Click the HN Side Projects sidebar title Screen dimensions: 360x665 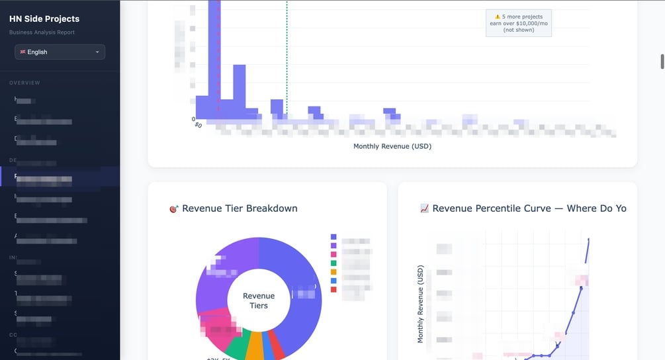(44, 19)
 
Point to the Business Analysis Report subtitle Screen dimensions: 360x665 (42, 32)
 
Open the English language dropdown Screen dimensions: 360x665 (60, 52)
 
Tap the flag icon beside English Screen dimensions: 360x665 (22, 52)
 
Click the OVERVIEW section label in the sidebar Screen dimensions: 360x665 (24, 83)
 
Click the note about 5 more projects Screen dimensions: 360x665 (519, 23)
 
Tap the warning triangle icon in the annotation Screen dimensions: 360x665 (498, 17)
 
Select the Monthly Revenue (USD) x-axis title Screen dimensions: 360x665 (392, 146)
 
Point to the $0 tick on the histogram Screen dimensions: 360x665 (198, 124)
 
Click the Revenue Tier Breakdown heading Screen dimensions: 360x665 (240, 208)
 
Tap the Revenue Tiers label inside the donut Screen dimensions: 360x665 (259, 300)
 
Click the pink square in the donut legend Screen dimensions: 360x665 (333, 254)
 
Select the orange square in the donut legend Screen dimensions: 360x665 (333, 272)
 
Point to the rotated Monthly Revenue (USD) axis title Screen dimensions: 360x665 (420, 304)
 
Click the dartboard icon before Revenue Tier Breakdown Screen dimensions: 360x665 (174, 209)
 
